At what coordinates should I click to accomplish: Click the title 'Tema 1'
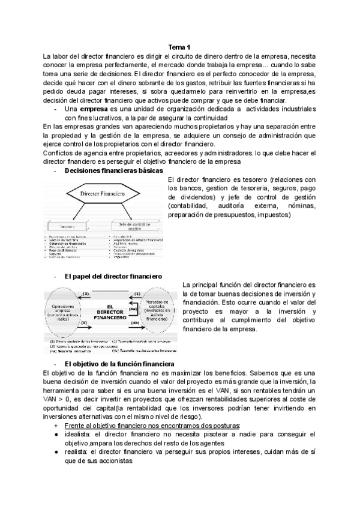pyautogui.click(x=179, y=47)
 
